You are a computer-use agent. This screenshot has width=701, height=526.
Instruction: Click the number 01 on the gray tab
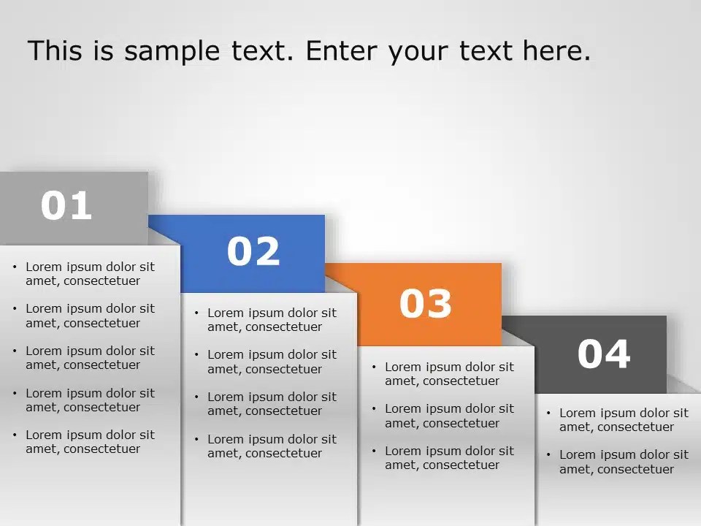point(66,206)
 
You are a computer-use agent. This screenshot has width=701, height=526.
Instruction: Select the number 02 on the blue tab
point(253,251)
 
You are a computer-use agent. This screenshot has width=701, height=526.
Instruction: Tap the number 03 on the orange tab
point(426,303)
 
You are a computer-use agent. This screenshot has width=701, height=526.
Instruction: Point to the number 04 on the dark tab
point(604,354)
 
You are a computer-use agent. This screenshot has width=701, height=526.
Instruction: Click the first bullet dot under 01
point(15,267)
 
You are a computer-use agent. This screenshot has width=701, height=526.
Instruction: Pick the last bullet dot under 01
point(15,435)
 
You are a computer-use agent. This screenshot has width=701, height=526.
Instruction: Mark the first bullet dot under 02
point(196,313)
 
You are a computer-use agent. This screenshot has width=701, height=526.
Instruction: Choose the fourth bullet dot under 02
point(196,439)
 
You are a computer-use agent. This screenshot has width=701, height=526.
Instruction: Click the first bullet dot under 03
point(374,367)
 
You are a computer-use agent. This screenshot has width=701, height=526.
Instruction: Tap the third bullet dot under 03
point(374,451)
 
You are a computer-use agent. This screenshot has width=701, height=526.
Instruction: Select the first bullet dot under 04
point(548,413)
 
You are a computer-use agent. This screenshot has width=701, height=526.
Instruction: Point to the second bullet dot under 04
point(548,454)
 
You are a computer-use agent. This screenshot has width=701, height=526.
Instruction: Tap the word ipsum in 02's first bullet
point(264,313)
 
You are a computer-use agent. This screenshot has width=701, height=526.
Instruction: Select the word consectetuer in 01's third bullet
point(101,365)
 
